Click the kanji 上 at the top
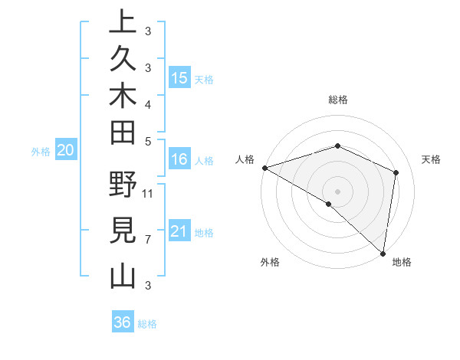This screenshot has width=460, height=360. (123, 22)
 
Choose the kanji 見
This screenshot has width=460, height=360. (123, 231)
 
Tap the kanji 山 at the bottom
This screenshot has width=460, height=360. (123, 275)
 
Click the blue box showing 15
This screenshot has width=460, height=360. (179, 78)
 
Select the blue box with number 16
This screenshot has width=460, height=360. (179, 159)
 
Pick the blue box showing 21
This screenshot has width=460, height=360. (179, 231)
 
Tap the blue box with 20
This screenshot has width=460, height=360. (66, 151)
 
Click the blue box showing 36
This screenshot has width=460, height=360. (123, 322)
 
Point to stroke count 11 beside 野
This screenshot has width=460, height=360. (148, 193)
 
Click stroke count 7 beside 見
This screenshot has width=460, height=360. (148, 239)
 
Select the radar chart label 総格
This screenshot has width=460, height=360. (337, 100)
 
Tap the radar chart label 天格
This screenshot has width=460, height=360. (432, 159)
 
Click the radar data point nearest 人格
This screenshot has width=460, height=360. (264, 168)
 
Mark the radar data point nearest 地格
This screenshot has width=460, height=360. (383, 253)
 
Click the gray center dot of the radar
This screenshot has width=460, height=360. (337, 191)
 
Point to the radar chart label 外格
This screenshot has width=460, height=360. (269, 262)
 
